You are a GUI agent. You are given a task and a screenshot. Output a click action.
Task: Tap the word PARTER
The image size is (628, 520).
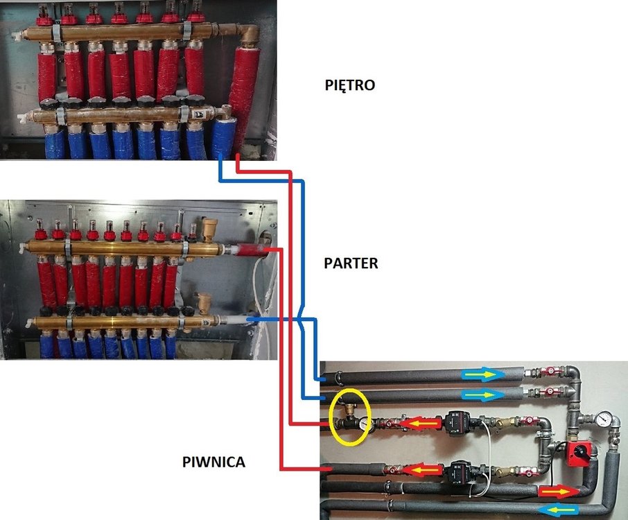coord(351,264)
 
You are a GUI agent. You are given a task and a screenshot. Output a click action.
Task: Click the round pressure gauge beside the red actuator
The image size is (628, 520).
coord(604,419)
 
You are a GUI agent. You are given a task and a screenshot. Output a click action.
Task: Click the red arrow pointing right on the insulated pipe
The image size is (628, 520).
coord(559,491)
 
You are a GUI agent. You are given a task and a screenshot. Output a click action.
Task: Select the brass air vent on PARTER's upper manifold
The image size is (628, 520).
coord(207,226)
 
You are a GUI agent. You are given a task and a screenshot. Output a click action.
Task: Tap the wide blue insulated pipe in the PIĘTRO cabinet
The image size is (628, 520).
coord(223,138)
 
